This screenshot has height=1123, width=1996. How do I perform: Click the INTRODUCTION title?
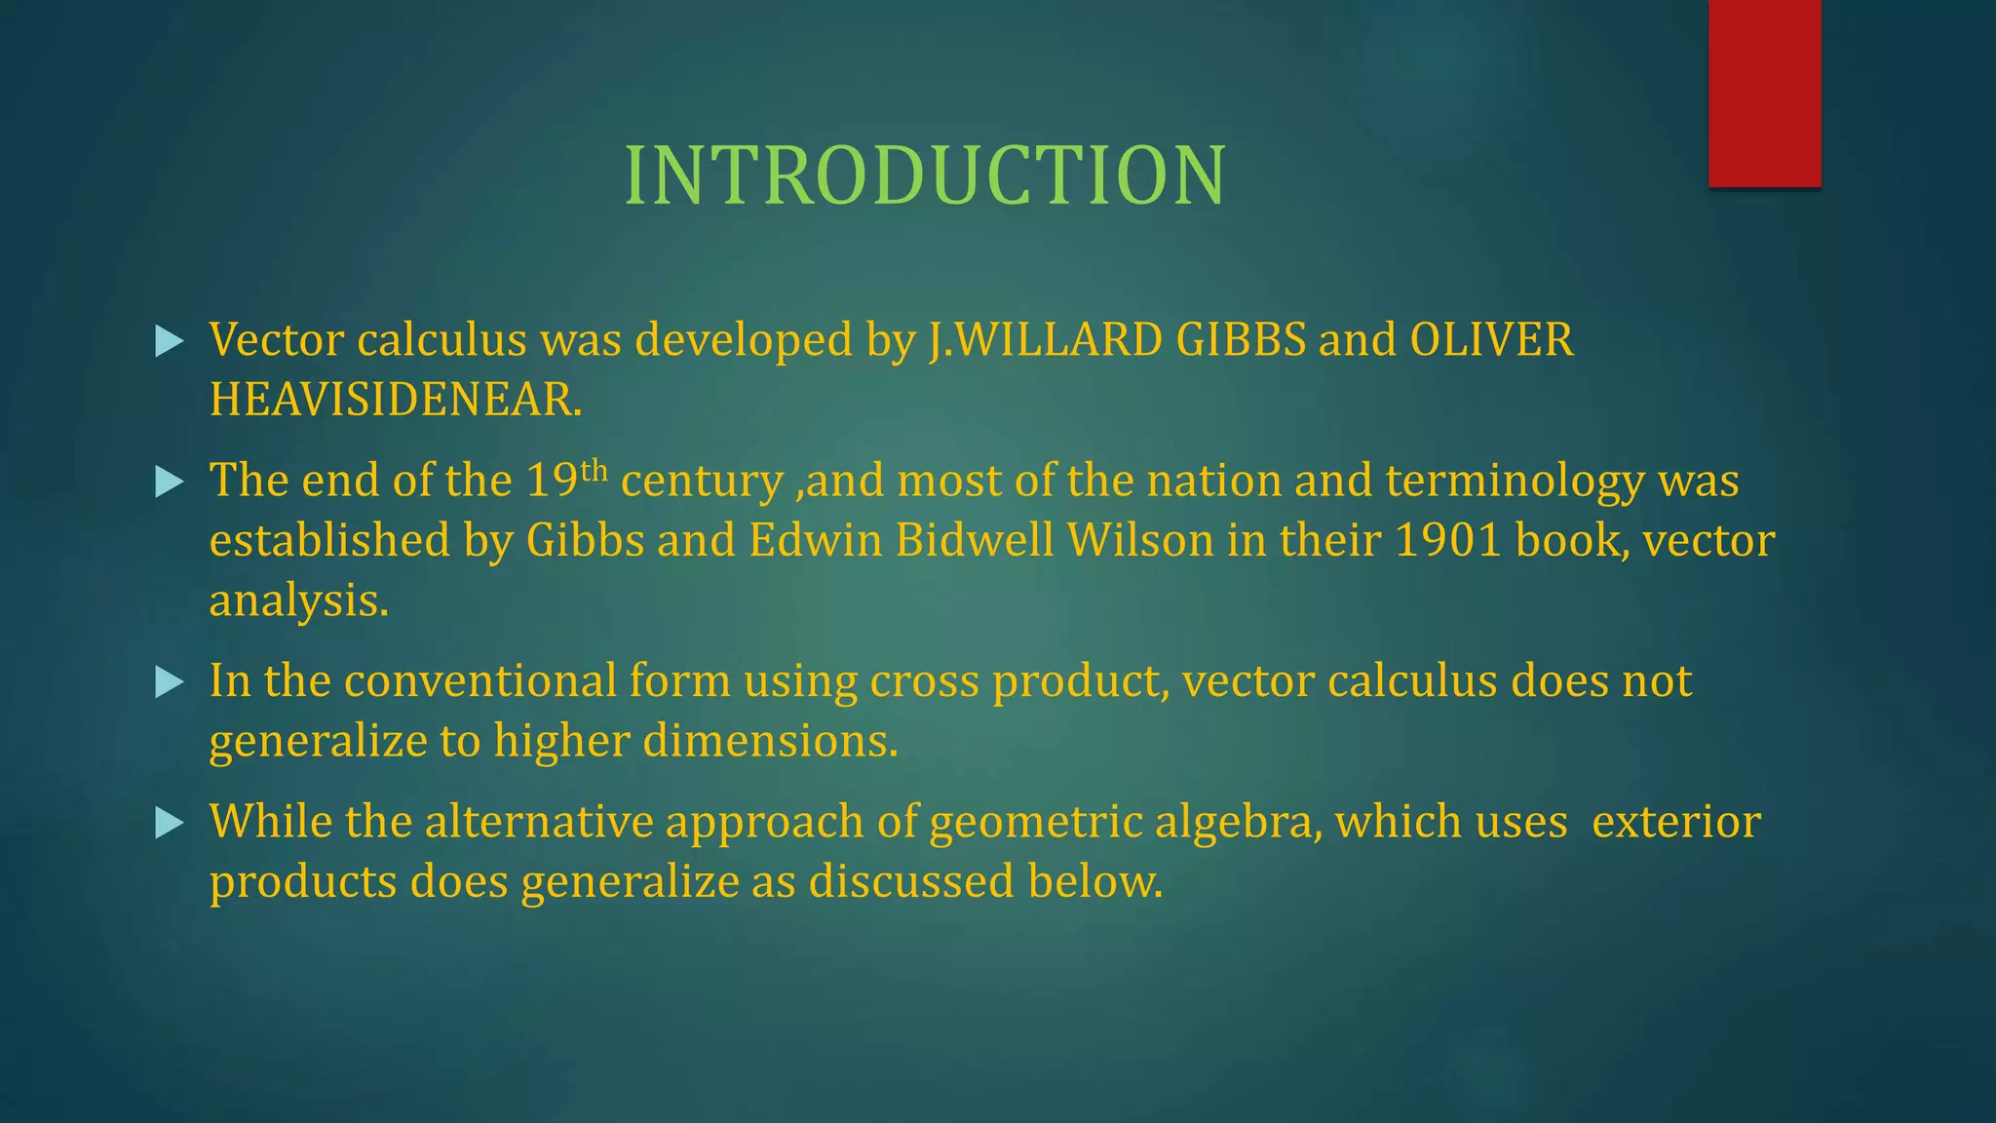[x=925, y=176]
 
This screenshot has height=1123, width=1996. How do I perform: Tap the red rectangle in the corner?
[x=1764, y=93]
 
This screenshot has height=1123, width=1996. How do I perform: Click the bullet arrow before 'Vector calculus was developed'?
[x=170, y=341]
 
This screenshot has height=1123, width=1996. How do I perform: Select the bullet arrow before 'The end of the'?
[x=170, y=482]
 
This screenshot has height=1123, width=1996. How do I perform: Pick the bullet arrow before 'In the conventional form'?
[x=170, y=682]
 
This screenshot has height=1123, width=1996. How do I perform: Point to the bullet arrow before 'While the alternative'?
[x=170, y=824]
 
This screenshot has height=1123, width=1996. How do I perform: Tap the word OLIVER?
[x=1491, y=340]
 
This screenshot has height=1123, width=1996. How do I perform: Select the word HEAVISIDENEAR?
[x=395, y=401]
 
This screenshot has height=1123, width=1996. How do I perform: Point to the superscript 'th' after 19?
[x=594, y=471]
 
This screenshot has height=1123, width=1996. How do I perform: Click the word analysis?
[x=298, y=600]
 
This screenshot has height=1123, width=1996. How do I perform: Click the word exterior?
[x=1675, y=822]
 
